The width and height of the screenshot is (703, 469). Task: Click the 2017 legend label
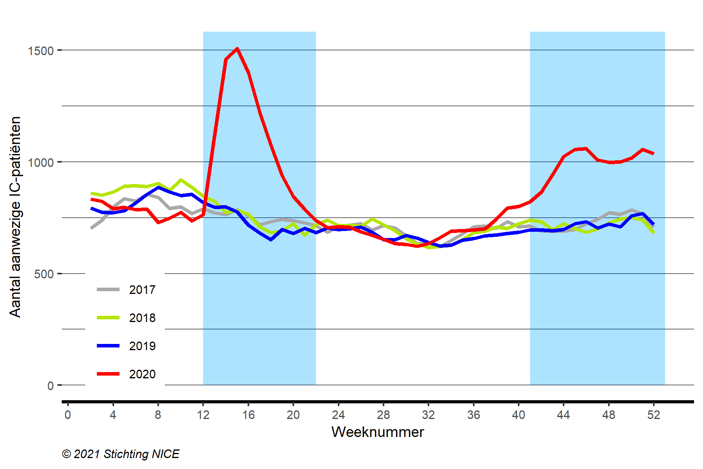[142, 290]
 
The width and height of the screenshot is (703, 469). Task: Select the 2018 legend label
[142, 318]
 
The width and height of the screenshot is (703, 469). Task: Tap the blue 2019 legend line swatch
[108, 346]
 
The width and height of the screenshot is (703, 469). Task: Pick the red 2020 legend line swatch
[108, 374]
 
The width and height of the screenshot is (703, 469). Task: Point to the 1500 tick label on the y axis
[41, 50]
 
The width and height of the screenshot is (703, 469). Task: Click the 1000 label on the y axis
[41, 162]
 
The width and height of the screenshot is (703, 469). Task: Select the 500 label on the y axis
[44, 274]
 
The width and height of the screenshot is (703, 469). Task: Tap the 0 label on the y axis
[50, 386]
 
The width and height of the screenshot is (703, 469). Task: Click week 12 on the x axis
[203, 415]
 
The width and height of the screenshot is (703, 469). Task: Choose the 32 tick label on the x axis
[428, 415]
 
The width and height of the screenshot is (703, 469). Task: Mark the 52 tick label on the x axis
[654, 415]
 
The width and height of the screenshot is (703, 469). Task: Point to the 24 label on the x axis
[338, 415]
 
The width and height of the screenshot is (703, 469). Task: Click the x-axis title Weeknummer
[378, 432]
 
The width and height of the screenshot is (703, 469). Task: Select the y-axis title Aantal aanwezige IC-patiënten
[15, 217]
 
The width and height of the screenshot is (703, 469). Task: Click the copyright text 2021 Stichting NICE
[121, 454]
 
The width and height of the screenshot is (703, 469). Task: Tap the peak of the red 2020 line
[237, 49]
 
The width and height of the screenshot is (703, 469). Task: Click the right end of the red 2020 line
[654, 154]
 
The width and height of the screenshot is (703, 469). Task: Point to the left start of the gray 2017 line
[91, 228]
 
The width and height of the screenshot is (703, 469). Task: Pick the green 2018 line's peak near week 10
[180, 180]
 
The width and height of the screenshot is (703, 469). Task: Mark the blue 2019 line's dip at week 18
[271, 239]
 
